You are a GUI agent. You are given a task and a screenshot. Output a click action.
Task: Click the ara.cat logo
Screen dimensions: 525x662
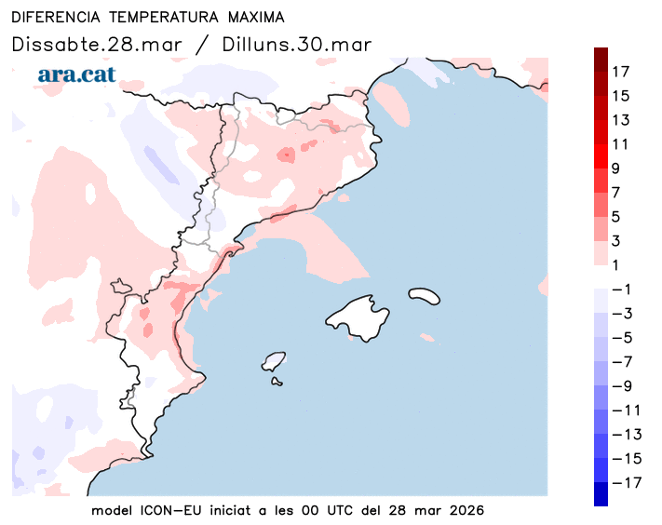[76, 74]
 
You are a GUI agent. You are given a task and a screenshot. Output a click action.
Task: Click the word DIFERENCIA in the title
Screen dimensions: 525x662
[56, 18]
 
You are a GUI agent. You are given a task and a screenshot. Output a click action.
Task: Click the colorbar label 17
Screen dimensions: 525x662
[621, 72]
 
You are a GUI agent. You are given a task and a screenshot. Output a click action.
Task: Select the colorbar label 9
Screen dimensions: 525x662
[615, 168]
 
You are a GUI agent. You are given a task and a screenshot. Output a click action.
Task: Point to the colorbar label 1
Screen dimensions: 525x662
[615, 265]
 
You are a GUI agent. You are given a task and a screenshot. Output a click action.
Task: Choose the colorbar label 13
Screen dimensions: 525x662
[621, 120]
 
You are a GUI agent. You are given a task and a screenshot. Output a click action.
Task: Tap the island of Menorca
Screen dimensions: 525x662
[424, 295]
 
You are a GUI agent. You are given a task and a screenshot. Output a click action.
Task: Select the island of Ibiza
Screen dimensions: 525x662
[274, 360]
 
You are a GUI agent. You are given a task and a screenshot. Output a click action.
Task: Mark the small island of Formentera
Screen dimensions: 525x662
[277, 380]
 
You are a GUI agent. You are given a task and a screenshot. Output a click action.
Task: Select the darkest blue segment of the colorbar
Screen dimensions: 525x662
[601, 494]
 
